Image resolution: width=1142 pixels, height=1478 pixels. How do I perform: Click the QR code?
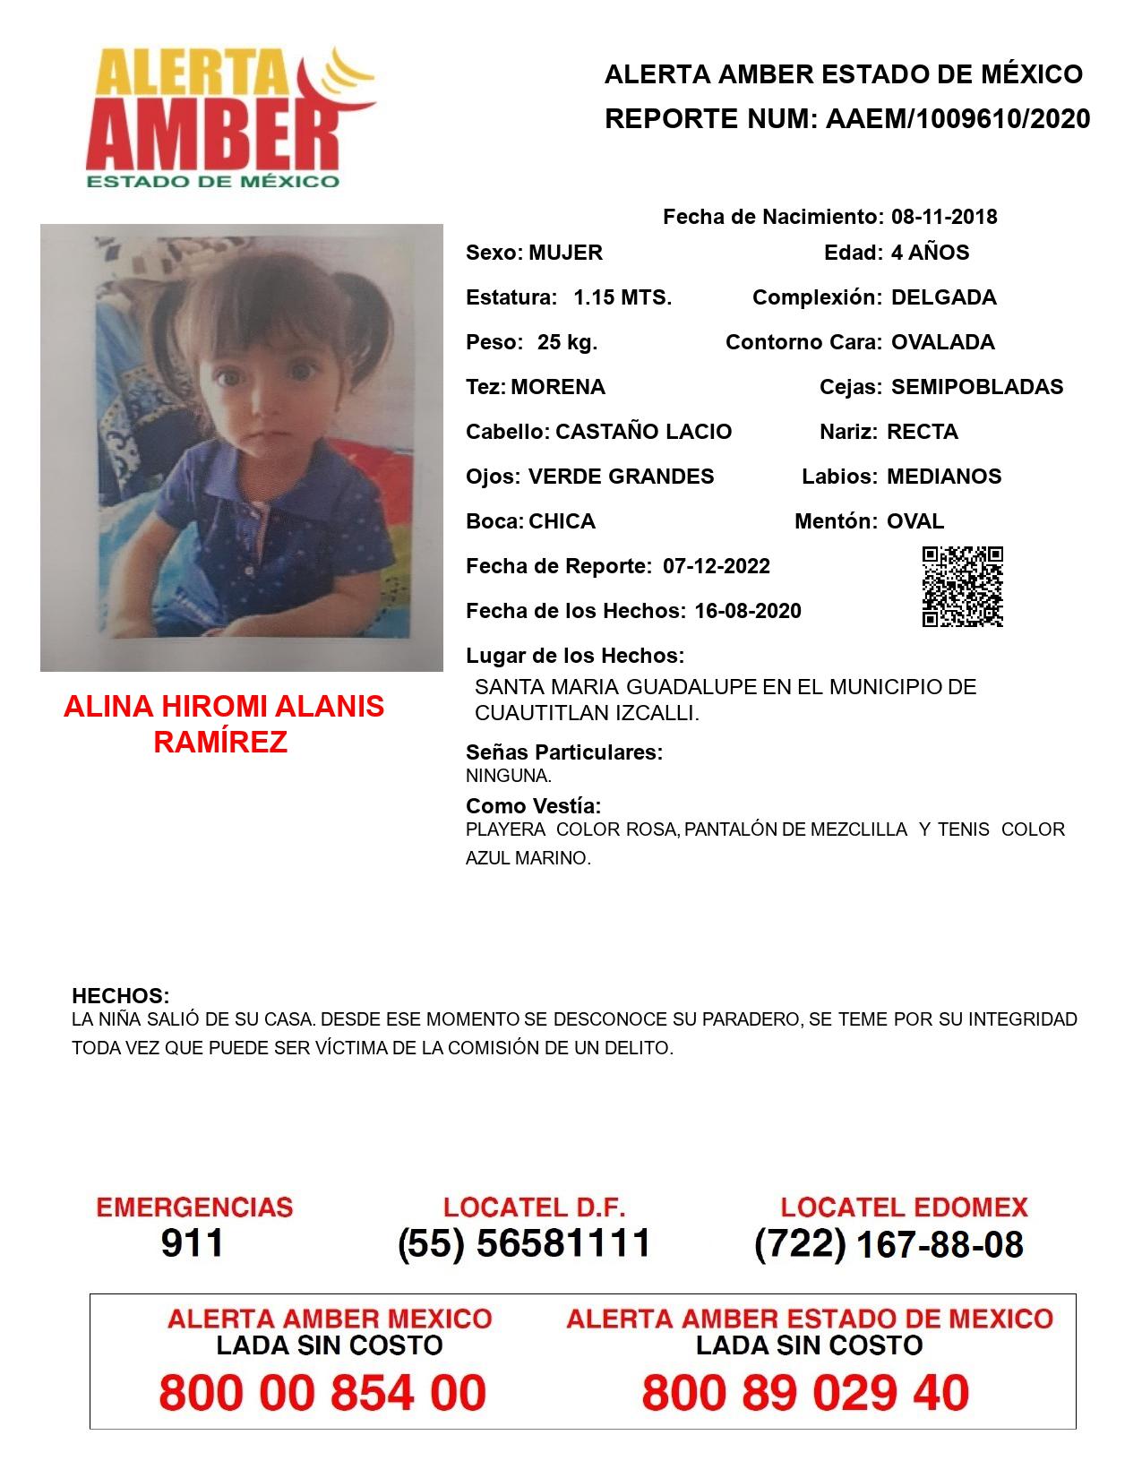point(962,587)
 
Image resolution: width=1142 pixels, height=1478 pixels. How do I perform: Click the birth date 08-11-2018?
point(944,217)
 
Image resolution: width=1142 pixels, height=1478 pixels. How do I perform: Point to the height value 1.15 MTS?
point(623,297)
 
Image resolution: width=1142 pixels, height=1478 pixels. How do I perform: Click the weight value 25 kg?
point(567,342)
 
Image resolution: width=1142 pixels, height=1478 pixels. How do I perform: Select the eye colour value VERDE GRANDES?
point(621,477)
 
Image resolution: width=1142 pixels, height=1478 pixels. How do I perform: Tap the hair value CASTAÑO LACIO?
point(643,432)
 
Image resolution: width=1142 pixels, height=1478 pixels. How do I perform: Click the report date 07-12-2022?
point(717,566)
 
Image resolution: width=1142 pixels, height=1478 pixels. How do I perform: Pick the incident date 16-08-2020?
point(748,611)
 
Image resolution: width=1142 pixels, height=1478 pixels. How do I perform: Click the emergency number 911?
point(192,1243)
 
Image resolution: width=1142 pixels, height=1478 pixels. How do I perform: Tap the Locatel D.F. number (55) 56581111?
point(524,1243)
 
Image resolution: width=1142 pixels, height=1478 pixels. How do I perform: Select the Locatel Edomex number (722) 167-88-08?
point(889,1244)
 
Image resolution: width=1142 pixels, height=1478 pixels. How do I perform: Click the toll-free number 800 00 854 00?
point(322,1393)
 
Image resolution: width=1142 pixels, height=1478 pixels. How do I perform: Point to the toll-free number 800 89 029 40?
point(805,1393)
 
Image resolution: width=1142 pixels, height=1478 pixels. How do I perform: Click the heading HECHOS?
point(120,996)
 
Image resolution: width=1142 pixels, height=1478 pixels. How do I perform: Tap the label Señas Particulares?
point(564,752)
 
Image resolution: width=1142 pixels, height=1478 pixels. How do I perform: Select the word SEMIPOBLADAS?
point(977,387)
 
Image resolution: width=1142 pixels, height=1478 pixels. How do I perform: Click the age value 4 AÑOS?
point(930,253)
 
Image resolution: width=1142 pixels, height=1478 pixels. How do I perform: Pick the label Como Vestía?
point(533,805)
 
